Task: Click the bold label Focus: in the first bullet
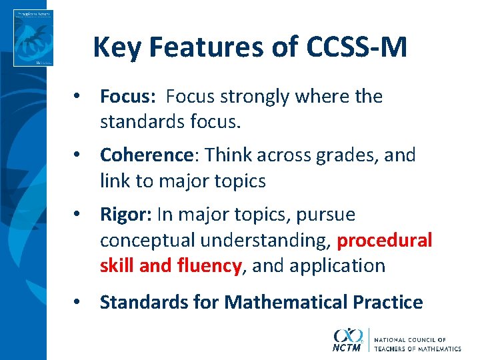tap(128, 97)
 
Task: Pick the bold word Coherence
tap(146, 155)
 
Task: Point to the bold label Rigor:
tap(127, 215)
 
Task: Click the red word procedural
tap(385, 240)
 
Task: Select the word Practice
tap(390, 302)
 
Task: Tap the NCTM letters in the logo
tap(346, 347)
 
